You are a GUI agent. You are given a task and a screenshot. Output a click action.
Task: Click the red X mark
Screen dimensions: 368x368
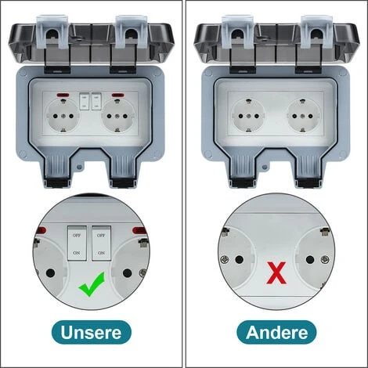pos(276,273)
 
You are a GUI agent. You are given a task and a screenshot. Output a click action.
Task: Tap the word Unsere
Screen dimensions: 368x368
pos(91,332)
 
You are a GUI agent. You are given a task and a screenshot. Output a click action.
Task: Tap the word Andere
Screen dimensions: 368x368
pos(276,332)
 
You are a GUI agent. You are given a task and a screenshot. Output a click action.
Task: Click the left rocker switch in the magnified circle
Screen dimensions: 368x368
pos(77,244)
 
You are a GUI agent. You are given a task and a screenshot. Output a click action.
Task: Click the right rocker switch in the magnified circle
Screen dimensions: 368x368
pos(101,244)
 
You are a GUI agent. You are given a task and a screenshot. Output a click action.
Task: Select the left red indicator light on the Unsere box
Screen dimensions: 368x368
pos(63,95)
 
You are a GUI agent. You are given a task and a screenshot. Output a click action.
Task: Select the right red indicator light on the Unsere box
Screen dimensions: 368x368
pos(117,95)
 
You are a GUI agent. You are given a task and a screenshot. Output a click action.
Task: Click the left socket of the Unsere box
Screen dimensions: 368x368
pos(63,116)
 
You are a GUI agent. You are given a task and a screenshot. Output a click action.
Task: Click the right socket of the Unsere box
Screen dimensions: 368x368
pos(117,116)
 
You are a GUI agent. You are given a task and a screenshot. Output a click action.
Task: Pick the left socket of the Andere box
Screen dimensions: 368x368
pos(248,116)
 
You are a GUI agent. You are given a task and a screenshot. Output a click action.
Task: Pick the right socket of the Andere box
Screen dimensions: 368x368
pos(303,116)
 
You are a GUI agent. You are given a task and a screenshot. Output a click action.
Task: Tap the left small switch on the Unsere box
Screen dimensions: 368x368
pos(85,101)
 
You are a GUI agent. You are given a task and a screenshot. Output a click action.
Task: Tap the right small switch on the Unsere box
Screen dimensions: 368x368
pos(96,101)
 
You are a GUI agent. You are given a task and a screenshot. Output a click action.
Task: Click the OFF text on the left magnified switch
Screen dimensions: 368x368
pos(77,236)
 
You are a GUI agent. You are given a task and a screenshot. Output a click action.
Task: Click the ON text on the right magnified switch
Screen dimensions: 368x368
pos(101,253)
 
